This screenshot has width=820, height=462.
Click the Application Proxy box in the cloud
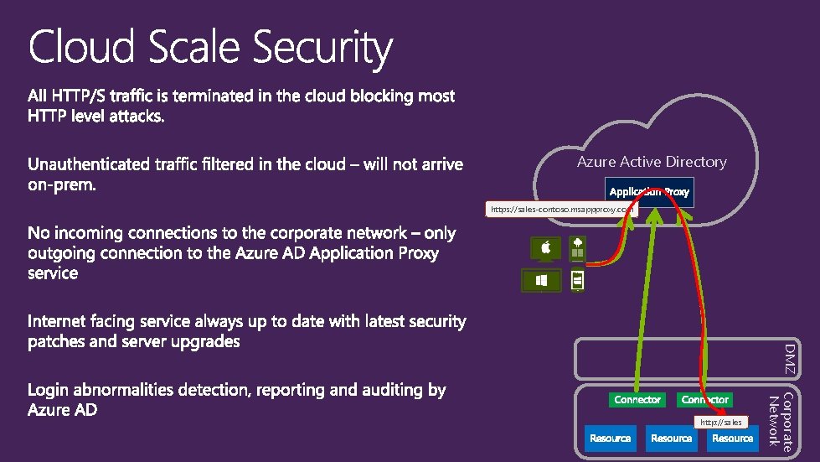(649, 192)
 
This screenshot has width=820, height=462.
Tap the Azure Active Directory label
(652, 162)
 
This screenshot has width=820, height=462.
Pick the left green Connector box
(637, 400)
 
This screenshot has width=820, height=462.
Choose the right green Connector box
(705, 400)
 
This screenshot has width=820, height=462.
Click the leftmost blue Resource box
(610, 439)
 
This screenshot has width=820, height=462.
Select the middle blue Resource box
(672, 439)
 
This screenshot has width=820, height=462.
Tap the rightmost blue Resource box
(733, 439)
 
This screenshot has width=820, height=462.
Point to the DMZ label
(789, 358)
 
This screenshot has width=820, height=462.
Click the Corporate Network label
(781, 423)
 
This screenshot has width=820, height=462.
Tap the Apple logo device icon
(545, 249)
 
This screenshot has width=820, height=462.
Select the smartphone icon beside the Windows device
(577, 280)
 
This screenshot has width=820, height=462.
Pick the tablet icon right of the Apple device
(577, 247)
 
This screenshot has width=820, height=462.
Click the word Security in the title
(322, 48)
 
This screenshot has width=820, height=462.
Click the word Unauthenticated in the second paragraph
(90, 164)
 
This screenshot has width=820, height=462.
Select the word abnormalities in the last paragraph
(127, 390)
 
